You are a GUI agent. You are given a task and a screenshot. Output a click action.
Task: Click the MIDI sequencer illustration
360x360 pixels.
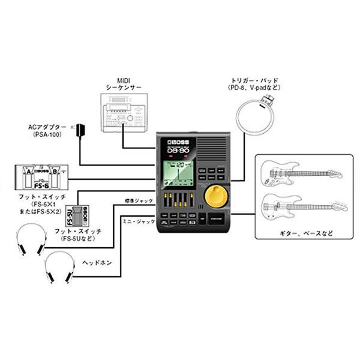point(123,113)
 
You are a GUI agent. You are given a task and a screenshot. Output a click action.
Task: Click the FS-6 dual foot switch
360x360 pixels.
point(41,176)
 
